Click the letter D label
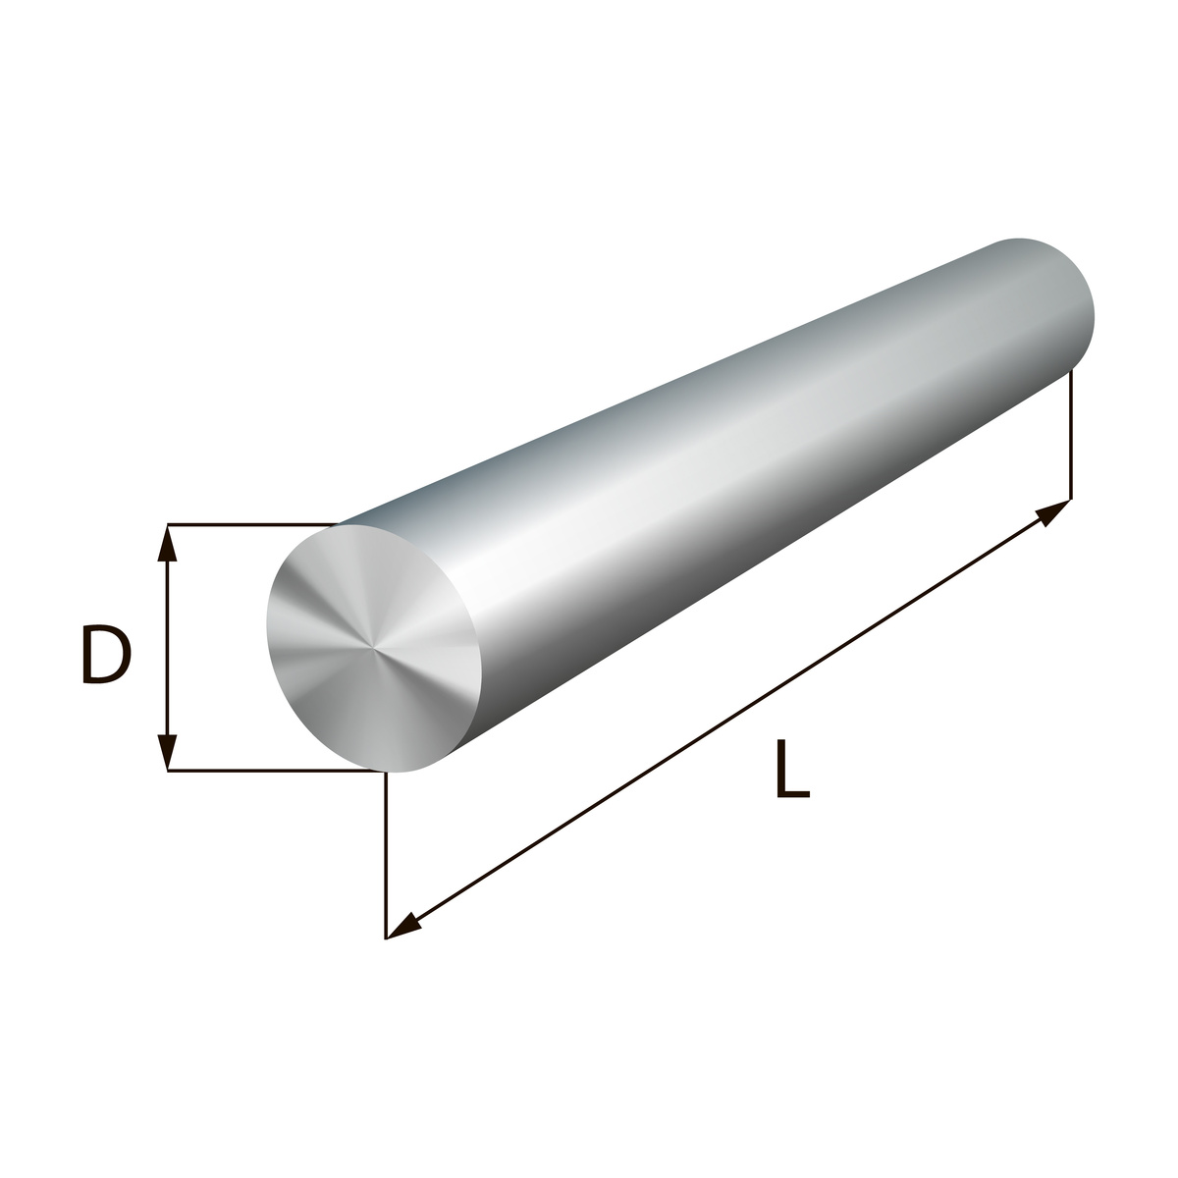pos(106,654)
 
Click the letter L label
pos(792,769)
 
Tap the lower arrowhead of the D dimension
pos(168,751)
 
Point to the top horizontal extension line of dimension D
pos(252,524)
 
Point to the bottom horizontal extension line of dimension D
pos(276,772)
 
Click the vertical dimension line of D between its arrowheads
pos(168,648)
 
